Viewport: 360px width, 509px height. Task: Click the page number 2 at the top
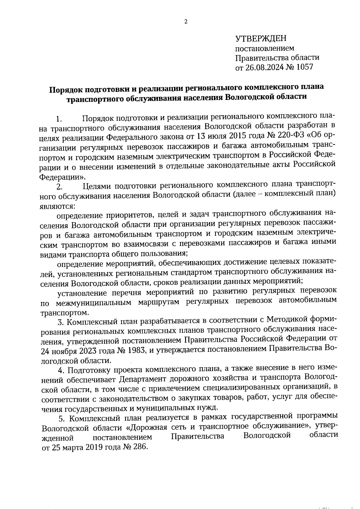186,22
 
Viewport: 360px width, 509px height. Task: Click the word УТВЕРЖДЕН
261,38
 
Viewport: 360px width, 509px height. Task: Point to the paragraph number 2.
59,187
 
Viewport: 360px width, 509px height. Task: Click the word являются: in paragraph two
57,206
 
